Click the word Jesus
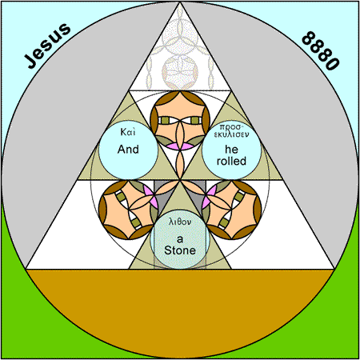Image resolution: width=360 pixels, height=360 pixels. coord(47,46)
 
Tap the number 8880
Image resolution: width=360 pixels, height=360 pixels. coord(321,50)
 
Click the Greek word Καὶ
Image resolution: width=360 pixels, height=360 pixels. coord(128,132)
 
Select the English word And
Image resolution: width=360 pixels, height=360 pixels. coord(128,150)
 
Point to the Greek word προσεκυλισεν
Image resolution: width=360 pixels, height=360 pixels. coord(231,130)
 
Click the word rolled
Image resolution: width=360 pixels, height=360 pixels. coord(231,161)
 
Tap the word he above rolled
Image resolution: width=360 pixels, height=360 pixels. coord(231,150)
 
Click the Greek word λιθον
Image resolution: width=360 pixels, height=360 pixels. coord(180,222)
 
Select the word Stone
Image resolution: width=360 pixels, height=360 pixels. coord(180,250)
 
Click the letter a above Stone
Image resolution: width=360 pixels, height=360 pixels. coord(180,239)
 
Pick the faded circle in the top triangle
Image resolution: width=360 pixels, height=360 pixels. coord(180,72)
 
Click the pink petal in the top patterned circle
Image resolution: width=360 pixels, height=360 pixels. coord(180,146)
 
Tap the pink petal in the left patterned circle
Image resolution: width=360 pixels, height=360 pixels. coord(150,197)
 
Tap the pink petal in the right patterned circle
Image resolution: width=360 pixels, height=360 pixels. coord(210,197)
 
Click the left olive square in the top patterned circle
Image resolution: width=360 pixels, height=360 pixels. coord(165,120)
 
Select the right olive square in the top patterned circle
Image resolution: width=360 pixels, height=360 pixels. coord(195,120)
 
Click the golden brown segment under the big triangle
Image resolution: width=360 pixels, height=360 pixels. coord(180,294)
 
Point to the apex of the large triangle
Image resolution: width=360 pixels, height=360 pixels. coord(180,2)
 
